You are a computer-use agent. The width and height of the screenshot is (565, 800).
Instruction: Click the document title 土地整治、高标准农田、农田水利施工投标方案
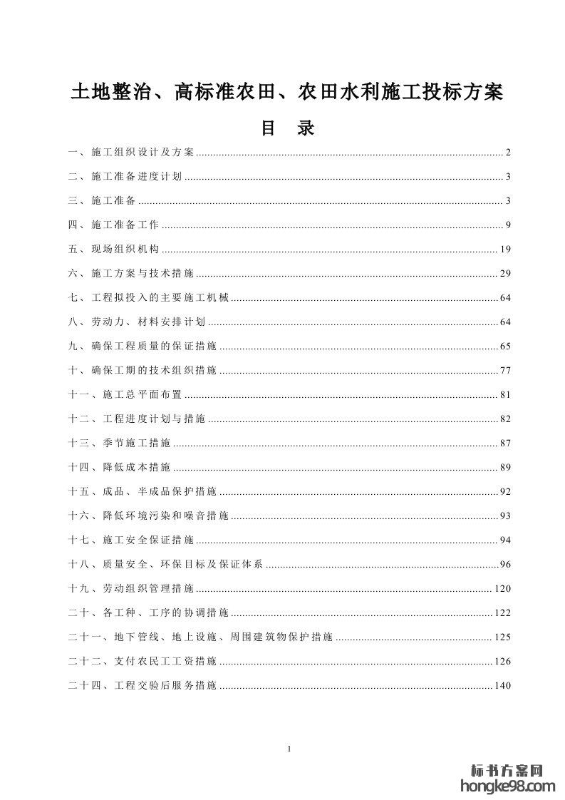(x=286, y=93)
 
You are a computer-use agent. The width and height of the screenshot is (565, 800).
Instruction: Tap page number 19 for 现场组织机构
(x=506, y=250)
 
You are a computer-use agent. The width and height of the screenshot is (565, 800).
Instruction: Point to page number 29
(x=506, y=274)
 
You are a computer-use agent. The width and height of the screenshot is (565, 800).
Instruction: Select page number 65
(x=506, y=347)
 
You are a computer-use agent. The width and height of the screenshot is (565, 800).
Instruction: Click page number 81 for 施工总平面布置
(x=506, y=395)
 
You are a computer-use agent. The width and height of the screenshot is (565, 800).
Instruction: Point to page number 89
(x=506, y=468)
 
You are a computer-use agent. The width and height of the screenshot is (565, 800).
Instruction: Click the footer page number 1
(x=287, y=749)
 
